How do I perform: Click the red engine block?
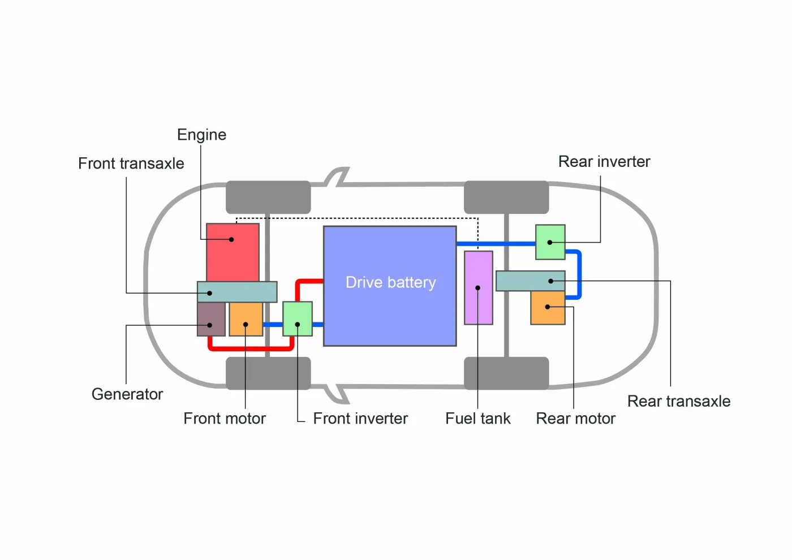click(x=233, y=252)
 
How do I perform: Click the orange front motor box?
click(x=246, y=319)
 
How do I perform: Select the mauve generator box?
click(x=211, y=319)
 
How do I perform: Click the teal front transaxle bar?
click(x=237, y=292)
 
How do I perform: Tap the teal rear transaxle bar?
click(x=530, y=281)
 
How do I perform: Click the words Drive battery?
click(x=390, y=282)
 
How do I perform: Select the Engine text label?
click(x=201, y=135)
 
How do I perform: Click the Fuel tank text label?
click(x=477, y=419)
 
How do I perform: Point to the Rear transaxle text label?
click(x=678, y=402)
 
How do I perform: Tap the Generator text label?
click(x=127, y=394)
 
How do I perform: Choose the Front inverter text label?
click(x=360, y=419)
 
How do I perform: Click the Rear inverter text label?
click(x=604, y=162)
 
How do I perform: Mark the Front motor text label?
click(x=225, y=419)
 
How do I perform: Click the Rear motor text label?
click(x=575, y=419)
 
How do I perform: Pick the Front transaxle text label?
click(x=131, y=163)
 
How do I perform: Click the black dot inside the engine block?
click(x=231, y=239)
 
